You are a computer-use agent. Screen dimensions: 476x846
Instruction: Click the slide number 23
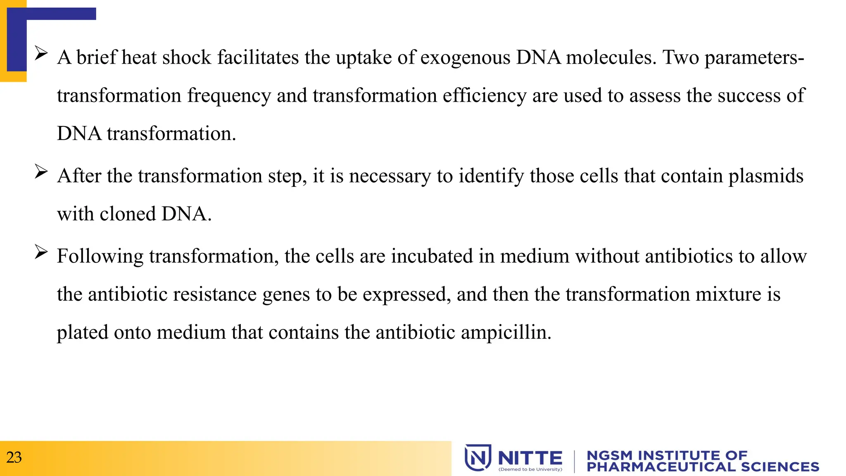click(14, 457)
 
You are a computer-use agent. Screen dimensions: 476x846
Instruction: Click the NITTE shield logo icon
click(478, 457)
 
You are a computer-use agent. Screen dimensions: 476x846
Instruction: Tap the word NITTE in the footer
click(530, 458)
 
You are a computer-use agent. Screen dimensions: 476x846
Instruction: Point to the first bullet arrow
click(41, 53)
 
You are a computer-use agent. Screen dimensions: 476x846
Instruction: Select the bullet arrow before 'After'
click(41, 171)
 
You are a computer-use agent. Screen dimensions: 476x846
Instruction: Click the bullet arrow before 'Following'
click(41, 252)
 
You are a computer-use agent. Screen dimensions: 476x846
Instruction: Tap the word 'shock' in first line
click(187, 57)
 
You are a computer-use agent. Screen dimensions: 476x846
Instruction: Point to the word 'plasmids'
click(765, 176)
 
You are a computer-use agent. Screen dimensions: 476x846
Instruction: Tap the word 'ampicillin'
click(506, 333)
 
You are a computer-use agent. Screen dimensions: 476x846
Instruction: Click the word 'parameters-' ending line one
click(754, 57)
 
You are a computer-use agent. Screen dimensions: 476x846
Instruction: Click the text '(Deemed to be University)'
click(530, 469)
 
